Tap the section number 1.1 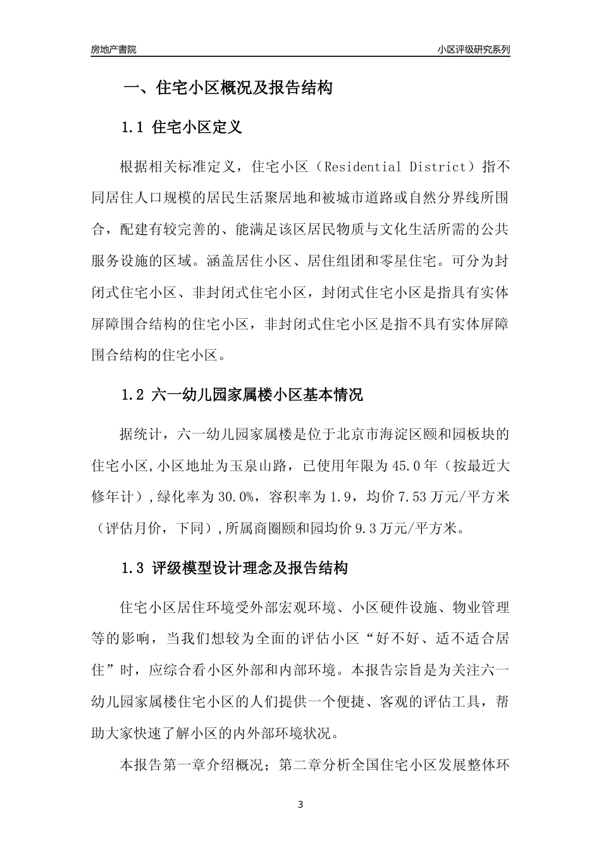click(134, 128)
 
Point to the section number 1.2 click(134, 396)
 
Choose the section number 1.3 click(134, 568)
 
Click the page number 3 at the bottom click(300, 805)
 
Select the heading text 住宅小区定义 click(197, 128)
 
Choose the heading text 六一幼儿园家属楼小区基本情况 click(258, 396)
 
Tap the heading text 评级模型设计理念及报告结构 click(251, 568)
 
